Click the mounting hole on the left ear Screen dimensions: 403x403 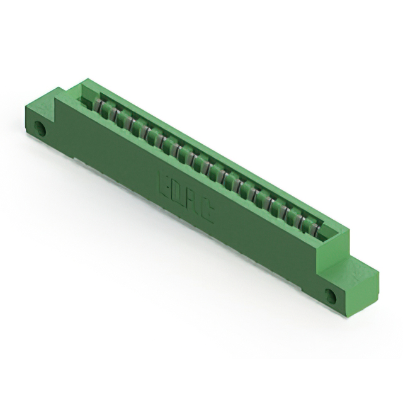pos(42,129)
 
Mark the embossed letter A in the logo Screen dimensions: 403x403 pos(191,205)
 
